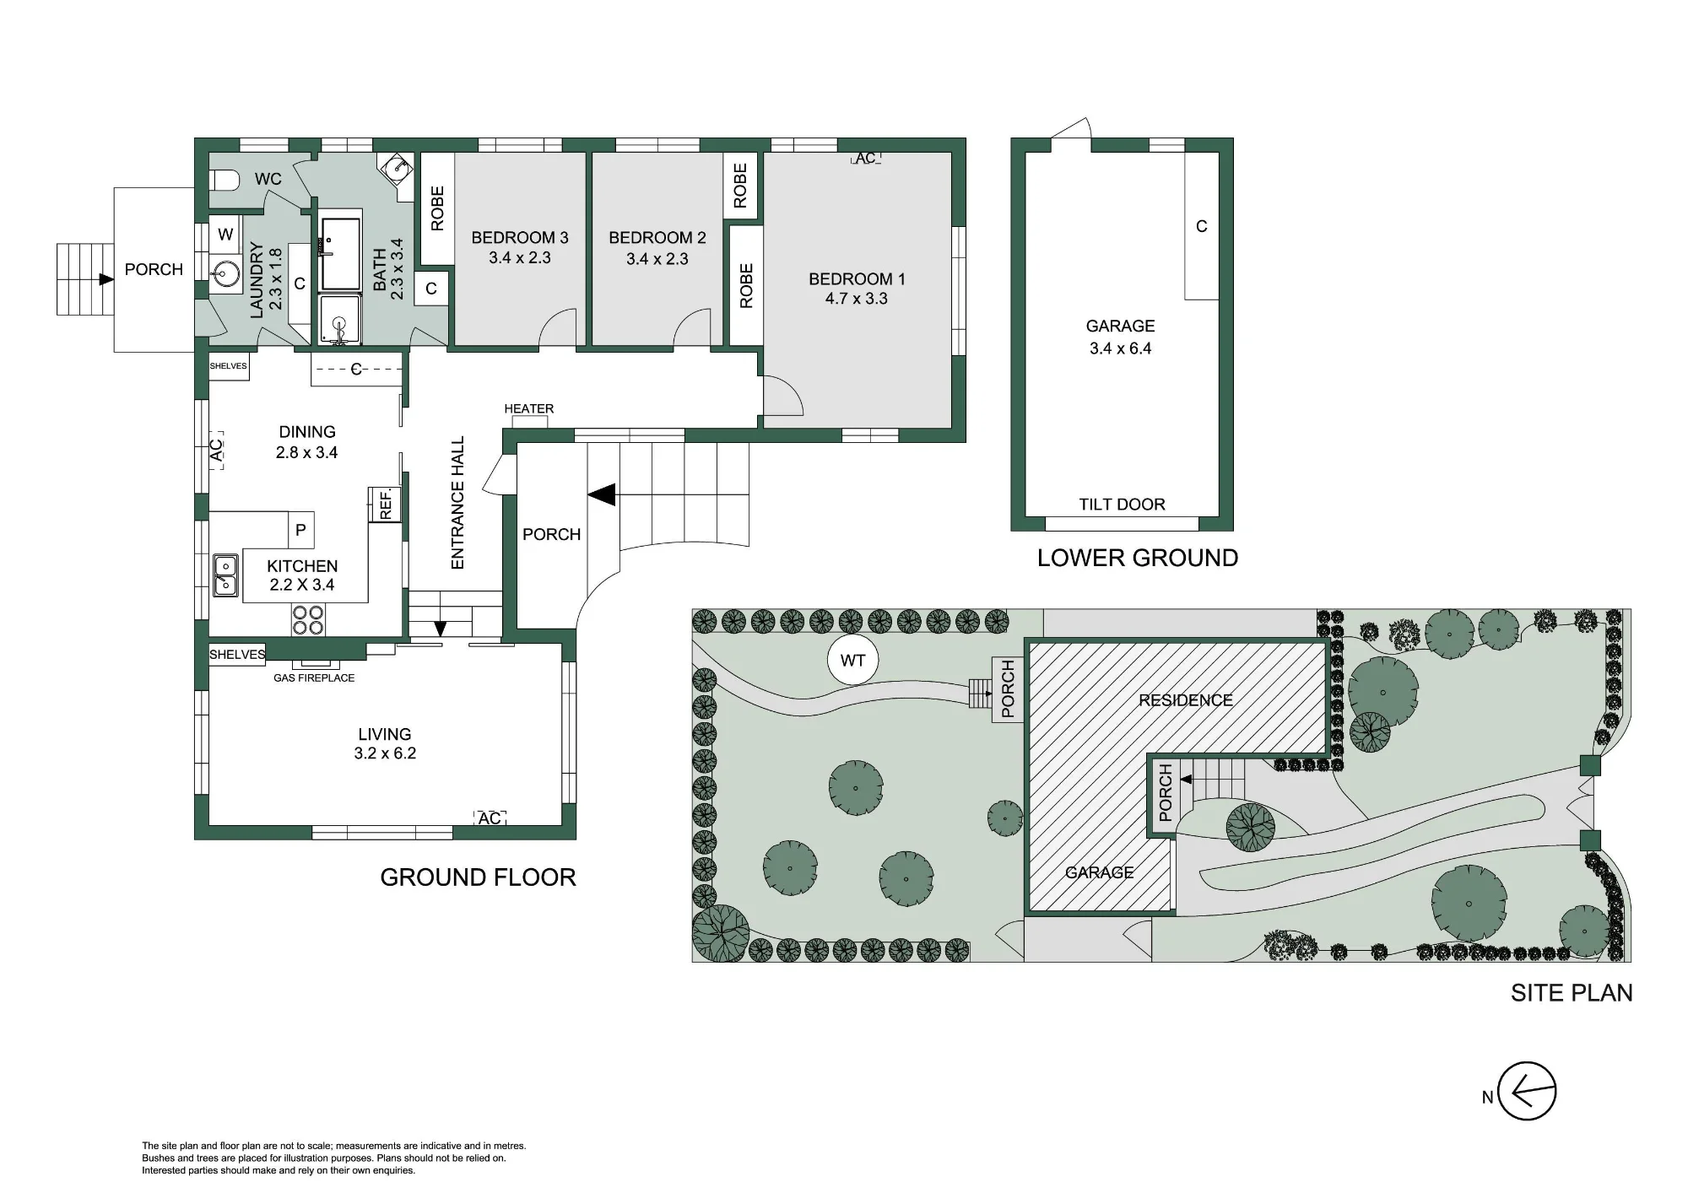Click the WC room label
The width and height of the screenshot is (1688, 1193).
tap(268, 179)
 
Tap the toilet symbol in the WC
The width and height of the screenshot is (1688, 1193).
tap(222, 180)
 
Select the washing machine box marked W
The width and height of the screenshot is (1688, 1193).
tap(225, 234)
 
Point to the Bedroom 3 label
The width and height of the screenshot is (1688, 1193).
tap(520, 238)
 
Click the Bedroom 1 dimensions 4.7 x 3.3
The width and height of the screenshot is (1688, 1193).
tap(857, 299)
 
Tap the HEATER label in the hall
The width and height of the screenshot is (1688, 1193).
tap(529, 409)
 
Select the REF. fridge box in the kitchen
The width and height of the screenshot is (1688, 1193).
tap(385, 505)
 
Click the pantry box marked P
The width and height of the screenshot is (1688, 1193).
tap(300, 530)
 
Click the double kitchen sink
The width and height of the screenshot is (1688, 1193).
tap(225, 575)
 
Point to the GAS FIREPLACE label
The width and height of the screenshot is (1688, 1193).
tap(314, 677)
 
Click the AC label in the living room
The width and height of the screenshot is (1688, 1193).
tap(490, 818)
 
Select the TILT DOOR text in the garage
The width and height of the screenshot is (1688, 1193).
tap(1122, 505)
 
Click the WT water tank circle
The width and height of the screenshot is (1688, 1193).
tap(852, 660)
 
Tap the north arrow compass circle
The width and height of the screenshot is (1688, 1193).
tap(1527, 1092)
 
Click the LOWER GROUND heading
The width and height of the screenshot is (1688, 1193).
tap(1138, 558)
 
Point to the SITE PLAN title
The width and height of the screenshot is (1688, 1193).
tap(1572, 993)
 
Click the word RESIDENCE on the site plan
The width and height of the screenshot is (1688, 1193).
tap(1186, 700)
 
